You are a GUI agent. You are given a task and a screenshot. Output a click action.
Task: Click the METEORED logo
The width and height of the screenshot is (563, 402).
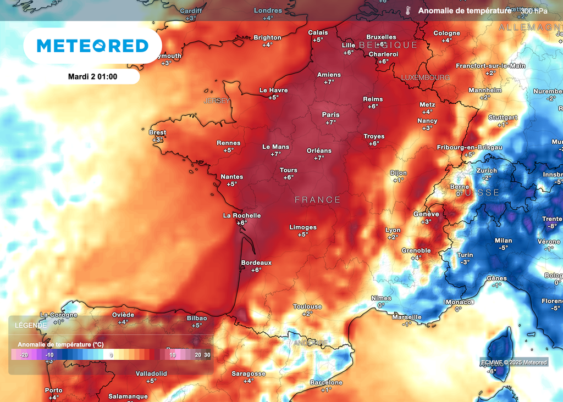[92, 46]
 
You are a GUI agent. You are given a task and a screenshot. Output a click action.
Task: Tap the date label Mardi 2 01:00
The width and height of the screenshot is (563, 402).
[92, 77]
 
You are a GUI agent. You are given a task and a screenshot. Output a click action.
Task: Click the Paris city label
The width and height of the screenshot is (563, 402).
[330, 115]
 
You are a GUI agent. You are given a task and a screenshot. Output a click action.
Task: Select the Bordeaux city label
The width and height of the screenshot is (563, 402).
[256, 263]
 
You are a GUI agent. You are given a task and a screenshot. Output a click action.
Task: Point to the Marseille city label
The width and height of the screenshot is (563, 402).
[407, 317]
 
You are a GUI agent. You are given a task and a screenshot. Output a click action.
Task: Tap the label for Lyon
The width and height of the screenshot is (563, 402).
[393, 230]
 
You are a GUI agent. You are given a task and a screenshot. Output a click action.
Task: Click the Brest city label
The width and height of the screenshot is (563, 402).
[157, 132]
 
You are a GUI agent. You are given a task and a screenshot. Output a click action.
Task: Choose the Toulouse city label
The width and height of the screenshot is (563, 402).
[307, 306]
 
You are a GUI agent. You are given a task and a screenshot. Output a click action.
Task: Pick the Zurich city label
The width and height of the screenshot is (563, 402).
[487, 171]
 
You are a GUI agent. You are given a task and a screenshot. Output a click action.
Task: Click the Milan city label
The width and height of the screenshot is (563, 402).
[503, 241]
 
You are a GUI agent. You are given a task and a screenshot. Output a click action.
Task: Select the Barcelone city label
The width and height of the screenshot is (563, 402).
[326, 382]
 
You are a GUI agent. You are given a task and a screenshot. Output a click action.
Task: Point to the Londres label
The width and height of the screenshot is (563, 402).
[268, 10]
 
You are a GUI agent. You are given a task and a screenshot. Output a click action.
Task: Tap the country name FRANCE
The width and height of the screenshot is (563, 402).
[318, 200]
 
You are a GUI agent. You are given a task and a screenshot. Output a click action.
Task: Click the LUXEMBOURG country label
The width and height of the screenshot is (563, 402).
[426, 77]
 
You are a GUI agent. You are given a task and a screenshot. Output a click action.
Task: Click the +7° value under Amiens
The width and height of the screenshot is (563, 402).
[329, 82]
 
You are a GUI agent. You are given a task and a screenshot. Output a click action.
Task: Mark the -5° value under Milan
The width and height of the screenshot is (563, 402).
[503, 248]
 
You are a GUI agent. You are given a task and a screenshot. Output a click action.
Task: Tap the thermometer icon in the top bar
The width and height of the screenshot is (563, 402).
[408, 10]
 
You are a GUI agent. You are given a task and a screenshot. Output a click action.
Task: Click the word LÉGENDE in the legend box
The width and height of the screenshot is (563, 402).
[31, 325]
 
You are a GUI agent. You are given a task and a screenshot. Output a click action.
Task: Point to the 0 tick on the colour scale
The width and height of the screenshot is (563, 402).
[112, 355]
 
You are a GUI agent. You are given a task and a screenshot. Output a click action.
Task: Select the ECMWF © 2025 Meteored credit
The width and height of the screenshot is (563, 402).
[514, 362]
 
